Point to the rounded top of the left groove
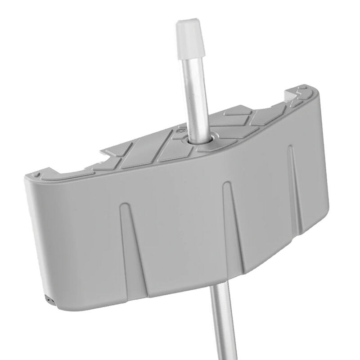[x=124, y=207]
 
